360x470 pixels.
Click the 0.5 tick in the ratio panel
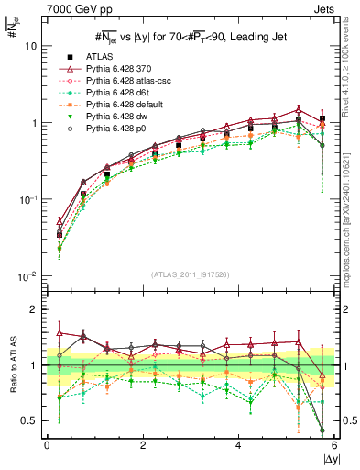pos(31,421)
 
